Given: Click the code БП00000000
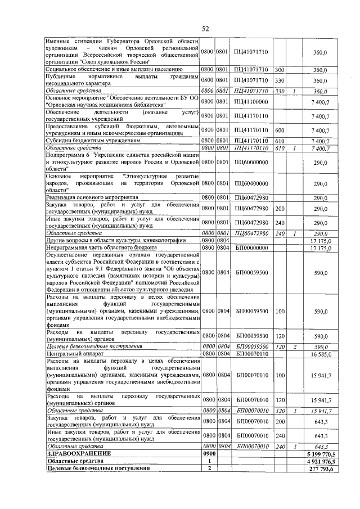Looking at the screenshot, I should click(251, 247).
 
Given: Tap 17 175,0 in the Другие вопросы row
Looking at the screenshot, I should click(321, 240).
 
